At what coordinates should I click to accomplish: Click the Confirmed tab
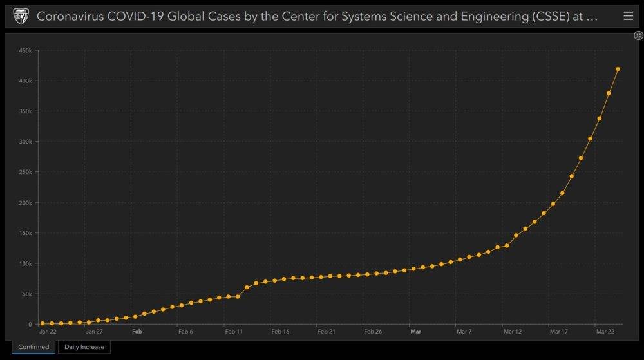pos(33,347)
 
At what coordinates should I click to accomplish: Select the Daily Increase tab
pos(84,347)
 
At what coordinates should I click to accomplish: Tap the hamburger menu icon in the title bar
pos(628,16)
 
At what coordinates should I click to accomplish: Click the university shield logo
pos(21,16)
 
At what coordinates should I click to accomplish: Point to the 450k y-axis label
pos(26,50)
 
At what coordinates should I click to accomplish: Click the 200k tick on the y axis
pos(26,202)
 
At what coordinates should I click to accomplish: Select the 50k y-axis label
pos(27,294)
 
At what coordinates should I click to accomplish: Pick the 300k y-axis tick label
pos(26,142)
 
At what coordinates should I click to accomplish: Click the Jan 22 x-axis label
pos(48,332)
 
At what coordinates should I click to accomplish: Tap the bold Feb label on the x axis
pos(137,332)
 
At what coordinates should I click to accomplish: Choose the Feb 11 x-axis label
pos(234,332)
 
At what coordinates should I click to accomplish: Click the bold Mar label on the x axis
pos(415,332)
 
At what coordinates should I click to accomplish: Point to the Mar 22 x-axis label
pos(605,332)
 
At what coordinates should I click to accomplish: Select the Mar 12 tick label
pos(513,332)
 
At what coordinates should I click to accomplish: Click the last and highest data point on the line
pos(618,69)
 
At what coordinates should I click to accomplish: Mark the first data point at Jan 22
pos(43,323)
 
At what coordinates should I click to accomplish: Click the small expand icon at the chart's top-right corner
pos(638,35)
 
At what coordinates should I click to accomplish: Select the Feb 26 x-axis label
pos(373,332)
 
